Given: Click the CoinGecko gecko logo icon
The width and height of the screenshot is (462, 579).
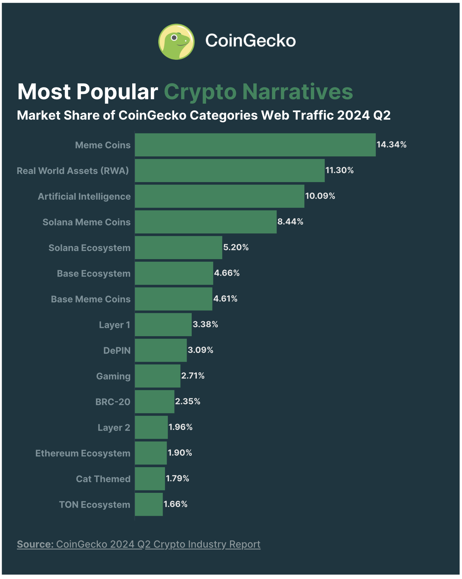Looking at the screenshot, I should coord(176,42).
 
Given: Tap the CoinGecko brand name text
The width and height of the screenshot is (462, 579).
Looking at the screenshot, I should coord(250,41).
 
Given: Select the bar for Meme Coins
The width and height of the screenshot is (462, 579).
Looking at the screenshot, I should coord(255,145).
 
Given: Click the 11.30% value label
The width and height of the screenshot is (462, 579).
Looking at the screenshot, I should coord(339,170).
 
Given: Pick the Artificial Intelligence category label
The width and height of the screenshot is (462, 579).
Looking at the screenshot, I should coord(84,197).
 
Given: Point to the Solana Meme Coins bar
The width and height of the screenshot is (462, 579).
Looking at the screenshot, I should coord(206,222).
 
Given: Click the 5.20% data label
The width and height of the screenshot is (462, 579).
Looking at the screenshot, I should coord(236,247).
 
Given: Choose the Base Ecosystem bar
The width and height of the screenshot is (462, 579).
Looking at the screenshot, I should coord(174,273).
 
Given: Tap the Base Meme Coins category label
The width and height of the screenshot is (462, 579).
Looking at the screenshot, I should coord(91,299).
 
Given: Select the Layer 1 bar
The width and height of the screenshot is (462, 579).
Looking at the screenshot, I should coord(163,325).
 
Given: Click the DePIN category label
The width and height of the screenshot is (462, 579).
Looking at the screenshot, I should coord(117,351).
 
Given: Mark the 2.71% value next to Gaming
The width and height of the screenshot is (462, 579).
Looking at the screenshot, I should coord(193,376).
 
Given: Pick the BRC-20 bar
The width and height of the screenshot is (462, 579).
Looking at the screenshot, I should coord(155,402).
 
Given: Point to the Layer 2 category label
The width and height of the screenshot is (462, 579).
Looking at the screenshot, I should coord(114,428).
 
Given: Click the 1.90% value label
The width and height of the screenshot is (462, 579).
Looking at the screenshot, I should coord(180,453).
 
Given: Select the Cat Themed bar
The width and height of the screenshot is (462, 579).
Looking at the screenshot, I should coord(150,479).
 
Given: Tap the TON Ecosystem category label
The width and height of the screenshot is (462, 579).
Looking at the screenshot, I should coord(95,505).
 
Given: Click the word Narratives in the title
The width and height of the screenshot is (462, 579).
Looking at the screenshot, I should coord(298,92).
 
